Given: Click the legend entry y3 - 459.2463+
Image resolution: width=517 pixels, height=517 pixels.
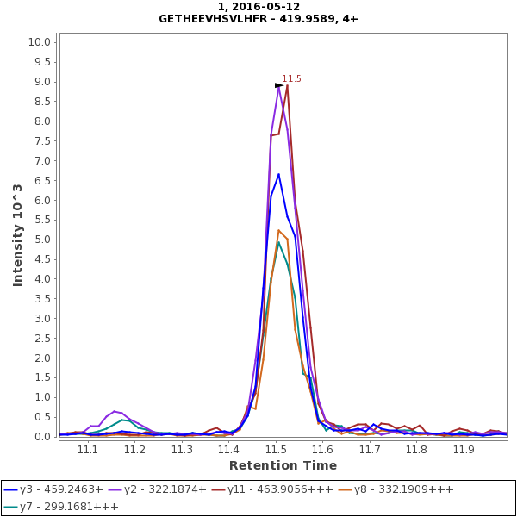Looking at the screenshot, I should [53, 489].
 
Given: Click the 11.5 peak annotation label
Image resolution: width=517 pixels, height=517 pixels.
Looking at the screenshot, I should [291, 79].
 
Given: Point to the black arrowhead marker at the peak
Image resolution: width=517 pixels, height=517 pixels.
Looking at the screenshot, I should [278, 85].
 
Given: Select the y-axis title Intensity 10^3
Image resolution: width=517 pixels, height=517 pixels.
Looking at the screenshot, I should [17, 234].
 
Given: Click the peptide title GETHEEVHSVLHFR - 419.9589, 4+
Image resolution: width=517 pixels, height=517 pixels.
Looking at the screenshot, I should [258, 18].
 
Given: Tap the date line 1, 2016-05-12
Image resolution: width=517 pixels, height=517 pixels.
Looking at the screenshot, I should [258, 6].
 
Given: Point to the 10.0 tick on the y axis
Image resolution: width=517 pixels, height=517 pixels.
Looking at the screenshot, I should [41, 42].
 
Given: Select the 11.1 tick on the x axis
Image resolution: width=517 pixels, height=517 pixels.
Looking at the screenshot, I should [88, 449].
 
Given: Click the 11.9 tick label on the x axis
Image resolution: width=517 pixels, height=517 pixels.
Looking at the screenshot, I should [464, 449].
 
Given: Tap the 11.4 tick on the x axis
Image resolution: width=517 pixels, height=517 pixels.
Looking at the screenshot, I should [228, 449].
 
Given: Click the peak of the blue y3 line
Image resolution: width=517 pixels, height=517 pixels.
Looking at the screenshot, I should [278, 174].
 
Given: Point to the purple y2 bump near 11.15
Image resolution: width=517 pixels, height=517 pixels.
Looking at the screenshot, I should [115, 411].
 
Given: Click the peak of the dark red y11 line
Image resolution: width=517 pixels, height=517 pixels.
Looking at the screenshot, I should [287, 84].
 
